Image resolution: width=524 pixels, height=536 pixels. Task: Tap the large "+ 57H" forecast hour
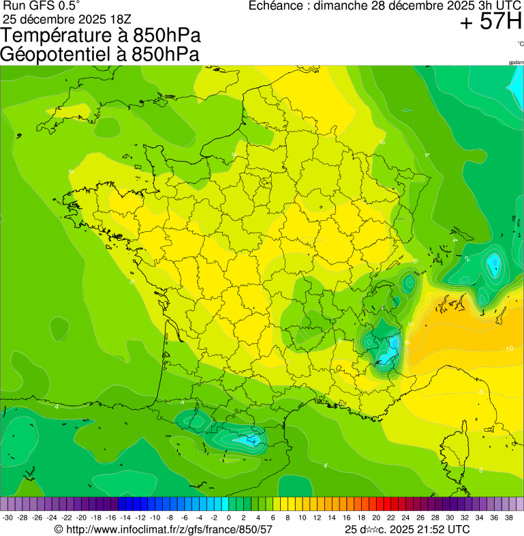pyautogui.click(x=490, y=22)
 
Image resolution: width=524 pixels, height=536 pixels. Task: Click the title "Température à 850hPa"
pyautogui.click(x=101, y=36)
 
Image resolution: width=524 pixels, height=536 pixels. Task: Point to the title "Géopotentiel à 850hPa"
pyautogui.click(x=100, y=55)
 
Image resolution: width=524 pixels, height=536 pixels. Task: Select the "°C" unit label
pyautogui.click(x=520, y=44)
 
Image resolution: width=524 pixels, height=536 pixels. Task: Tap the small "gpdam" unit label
pyautogui.click(x=516, y=62)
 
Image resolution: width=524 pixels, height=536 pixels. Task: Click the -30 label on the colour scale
pyautogui.click(x=7, y=518)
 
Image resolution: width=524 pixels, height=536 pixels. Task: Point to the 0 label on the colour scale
pyautogui.click(x=228, y=518)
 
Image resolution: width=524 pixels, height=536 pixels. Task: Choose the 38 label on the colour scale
pyautogui.click(x=509, y=518)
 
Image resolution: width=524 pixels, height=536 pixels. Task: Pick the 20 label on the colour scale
pyautogui.click(x=376, y=518)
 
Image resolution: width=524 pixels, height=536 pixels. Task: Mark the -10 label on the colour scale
pyautogui.click(x=155, y=518)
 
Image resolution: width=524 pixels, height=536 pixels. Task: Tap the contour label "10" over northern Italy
pyautogui.click(x=509, y=348)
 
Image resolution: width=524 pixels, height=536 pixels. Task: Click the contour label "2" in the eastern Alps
pyautogui.click(x=467, y=259)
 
